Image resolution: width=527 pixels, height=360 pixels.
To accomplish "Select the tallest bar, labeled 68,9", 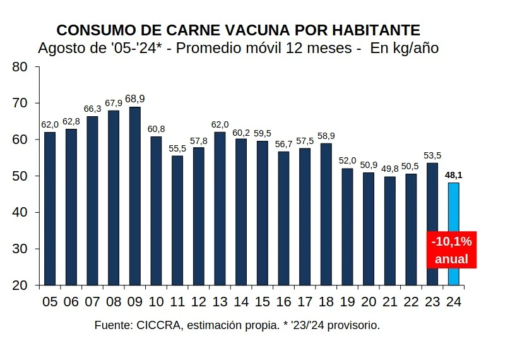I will point(134,196).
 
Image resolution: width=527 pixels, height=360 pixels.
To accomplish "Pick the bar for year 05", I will point(50,208).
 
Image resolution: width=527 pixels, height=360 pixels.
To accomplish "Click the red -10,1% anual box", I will point(451,250).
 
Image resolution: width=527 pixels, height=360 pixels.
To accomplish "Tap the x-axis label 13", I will point(220,302).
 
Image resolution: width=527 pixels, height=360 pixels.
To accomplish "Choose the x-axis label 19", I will point(347,302).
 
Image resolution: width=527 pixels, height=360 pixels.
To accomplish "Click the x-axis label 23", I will point(432,302).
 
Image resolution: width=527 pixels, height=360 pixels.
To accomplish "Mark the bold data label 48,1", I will point(453,175).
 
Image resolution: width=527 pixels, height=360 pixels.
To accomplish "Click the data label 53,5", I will point(432,155).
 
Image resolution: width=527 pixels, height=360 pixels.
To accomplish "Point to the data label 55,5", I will point(177,148).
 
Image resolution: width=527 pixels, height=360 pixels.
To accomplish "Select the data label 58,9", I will point(326,136).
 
